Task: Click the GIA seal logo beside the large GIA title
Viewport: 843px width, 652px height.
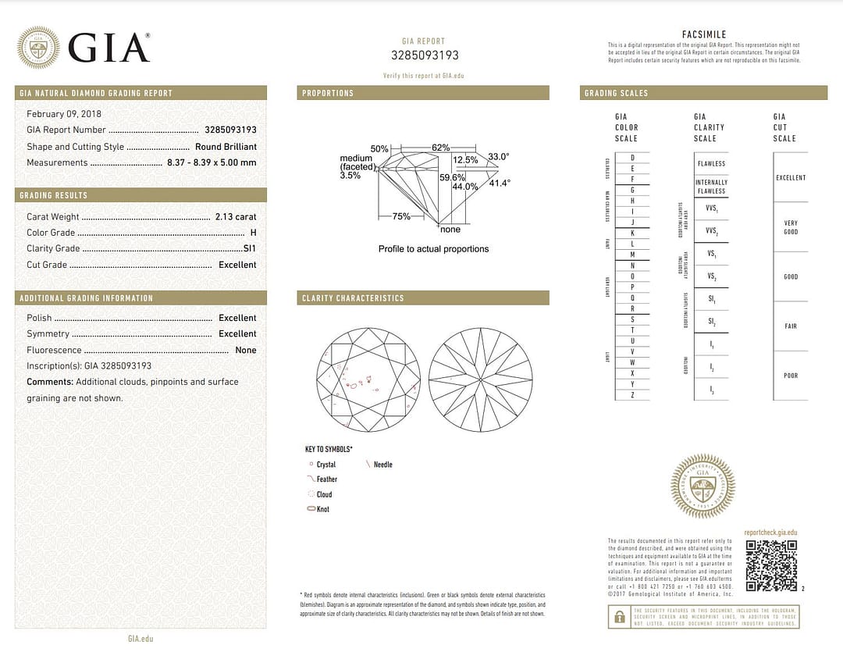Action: tap(38, 47)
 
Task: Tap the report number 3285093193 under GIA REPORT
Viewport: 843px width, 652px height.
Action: tap(425, 55)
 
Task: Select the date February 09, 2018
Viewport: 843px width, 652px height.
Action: tap(59, 114)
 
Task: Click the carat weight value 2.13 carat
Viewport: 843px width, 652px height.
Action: tap(236, 216)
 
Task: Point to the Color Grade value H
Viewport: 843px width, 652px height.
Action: tap(253, 233)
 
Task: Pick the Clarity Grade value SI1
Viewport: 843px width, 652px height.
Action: tap(250, 248)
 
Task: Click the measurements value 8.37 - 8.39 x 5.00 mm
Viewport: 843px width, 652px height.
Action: tap(212, 162)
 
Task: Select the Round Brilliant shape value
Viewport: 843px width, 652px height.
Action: tap(226, 147)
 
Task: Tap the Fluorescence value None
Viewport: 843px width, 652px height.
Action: tap(246, 351)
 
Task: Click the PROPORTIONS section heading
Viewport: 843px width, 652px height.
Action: tap(328, 93)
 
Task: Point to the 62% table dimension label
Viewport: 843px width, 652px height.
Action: tap(440, 148)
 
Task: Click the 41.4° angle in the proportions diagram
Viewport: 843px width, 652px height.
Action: tap(500, 183)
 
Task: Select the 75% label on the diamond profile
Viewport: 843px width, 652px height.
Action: tap(401, 216)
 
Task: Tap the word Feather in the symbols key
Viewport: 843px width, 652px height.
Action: tap(327, 479)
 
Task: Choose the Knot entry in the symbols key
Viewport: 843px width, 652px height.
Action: tap(323, 509)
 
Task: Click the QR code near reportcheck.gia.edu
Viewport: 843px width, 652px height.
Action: tap(770, 565)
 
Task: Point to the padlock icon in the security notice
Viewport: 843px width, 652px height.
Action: tap(619, 617)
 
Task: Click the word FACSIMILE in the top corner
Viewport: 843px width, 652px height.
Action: tap(704, 35)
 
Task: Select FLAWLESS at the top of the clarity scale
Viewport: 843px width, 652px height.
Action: tap(711, 164)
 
